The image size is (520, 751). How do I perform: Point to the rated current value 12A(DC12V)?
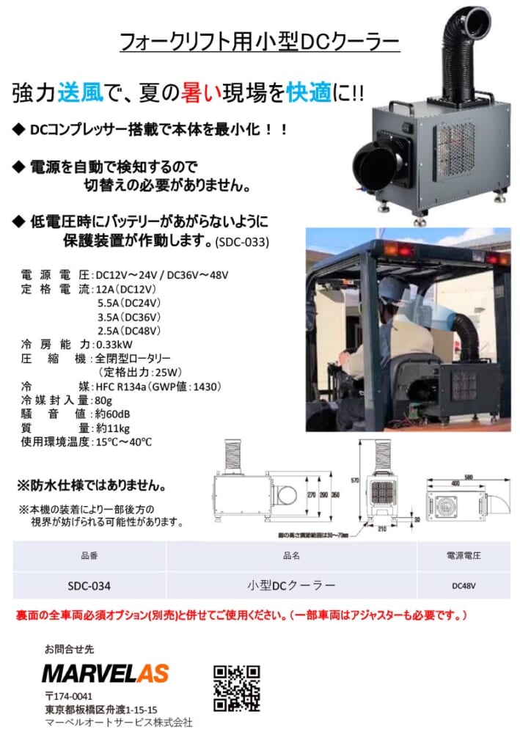(x=129, y=288)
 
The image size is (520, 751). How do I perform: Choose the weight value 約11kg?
(x=113, y=428)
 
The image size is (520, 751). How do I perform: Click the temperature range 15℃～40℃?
(x=124, y=442)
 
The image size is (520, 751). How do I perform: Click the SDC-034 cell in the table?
(x=89, y=585)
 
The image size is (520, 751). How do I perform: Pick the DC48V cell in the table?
(x=464, y=585)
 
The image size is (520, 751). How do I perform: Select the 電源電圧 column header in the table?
(x=464, y=556)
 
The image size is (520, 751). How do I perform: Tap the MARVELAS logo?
(x=106, y=673)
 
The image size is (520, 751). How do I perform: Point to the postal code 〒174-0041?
(x=69, y=696)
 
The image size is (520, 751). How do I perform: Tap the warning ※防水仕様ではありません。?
(x=91, y=486)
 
